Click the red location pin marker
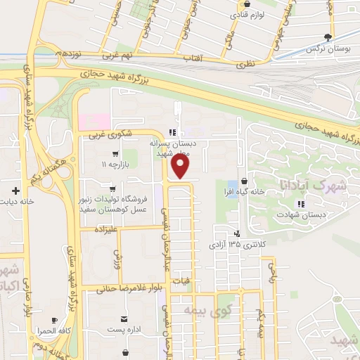click(x=181, y=166)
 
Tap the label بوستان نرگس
click(x=330, y=49)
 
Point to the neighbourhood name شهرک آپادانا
click(x=313, y=186)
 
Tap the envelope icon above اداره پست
click(x=124, y=319)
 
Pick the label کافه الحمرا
click(x=53, y=330)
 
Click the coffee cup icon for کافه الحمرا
click(x=54, y=320)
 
